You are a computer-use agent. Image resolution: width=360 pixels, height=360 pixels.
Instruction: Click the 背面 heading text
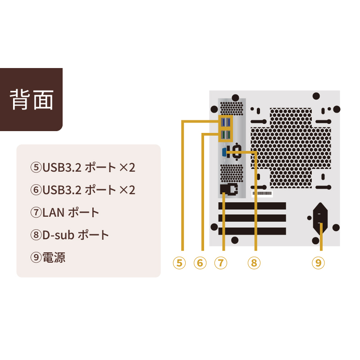32,100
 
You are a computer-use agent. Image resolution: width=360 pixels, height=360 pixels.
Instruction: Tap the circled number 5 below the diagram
179,262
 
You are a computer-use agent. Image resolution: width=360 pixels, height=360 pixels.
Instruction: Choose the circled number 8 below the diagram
254,262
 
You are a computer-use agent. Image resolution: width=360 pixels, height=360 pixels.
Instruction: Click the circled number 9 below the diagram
319,262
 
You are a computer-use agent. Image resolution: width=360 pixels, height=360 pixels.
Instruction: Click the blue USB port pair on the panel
226,123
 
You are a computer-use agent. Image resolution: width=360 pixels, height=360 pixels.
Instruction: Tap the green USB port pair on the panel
226,135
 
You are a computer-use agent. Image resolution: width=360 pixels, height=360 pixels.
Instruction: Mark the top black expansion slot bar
252,206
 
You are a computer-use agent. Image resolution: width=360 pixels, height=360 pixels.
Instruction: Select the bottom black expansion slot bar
252,231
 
